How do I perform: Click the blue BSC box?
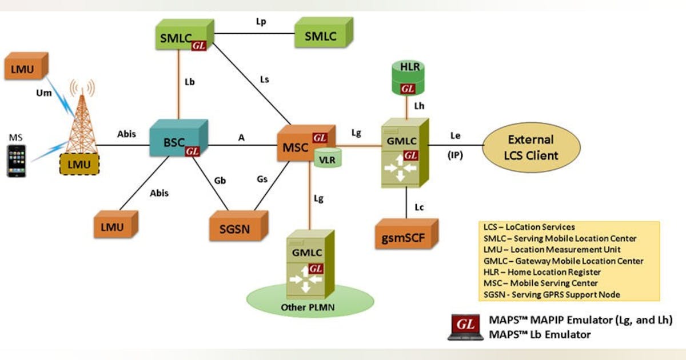(174, 139)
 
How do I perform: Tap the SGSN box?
(236, 228)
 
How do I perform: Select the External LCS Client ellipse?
(531, 147)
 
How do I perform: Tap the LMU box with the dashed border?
(78, 164)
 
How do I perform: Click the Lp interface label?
(261, 21)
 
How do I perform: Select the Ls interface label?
(264, 79)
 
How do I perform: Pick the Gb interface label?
(220, 181)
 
